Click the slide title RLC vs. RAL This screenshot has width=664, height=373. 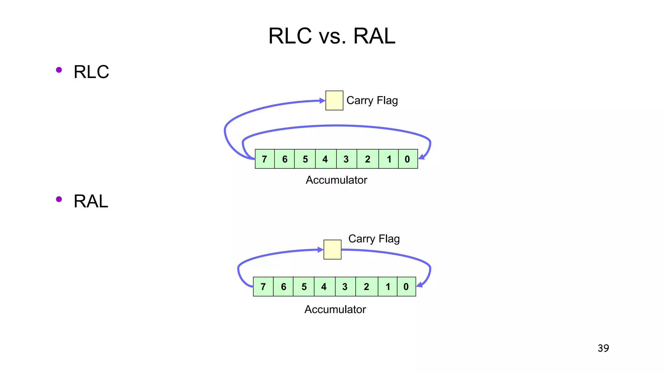332,36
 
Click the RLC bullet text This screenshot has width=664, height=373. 91,72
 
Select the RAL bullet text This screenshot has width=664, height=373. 91,201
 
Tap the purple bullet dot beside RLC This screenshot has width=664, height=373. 59,70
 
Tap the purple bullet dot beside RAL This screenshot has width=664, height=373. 59,199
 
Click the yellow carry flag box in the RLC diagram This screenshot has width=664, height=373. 334,100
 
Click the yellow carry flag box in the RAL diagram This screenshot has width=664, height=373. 332,249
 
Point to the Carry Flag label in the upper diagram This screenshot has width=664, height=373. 372,100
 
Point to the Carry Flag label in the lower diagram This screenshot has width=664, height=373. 374,239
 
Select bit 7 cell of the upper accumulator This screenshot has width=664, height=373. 265,159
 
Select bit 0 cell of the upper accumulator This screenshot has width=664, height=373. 408,159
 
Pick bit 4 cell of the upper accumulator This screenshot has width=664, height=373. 325,159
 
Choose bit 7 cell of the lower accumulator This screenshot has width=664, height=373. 263,287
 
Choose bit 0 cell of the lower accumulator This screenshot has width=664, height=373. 406,287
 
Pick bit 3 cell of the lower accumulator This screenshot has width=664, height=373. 345,287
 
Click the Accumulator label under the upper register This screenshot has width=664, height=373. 336,180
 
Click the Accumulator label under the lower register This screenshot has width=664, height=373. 335,310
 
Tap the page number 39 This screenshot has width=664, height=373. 603,348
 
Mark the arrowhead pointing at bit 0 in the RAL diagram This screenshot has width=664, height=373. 420,285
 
